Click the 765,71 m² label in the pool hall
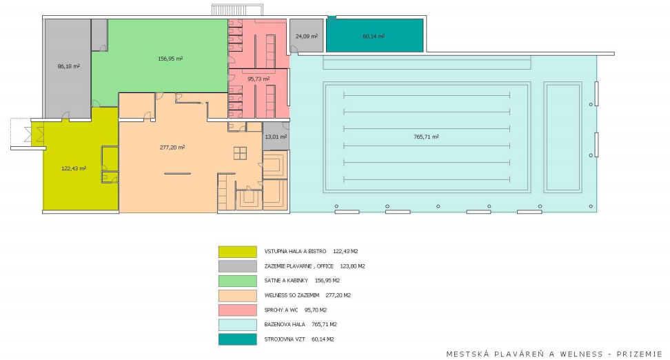pos(426,137)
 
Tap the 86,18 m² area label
pos(69,66)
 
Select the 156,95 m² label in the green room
pos(170,59)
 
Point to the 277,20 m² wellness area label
pos(172,148)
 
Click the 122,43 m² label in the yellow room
pos(74,168)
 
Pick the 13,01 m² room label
pos(276,137)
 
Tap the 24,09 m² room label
pos(307,37)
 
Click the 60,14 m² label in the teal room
pos(374,37)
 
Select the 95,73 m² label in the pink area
pos(258,79)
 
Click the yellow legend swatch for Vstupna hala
pos(238,252)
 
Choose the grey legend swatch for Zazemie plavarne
pos(238,266)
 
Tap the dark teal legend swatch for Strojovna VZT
pos(238,339)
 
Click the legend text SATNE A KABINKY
pos(286,281)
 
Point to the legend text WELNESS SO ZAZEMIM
pos(292,295)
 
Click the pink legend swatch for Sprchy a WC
pos(238,310)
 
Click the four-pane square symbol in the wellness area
pos(240,153)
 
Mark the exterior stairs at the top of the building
pos(238,10)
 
